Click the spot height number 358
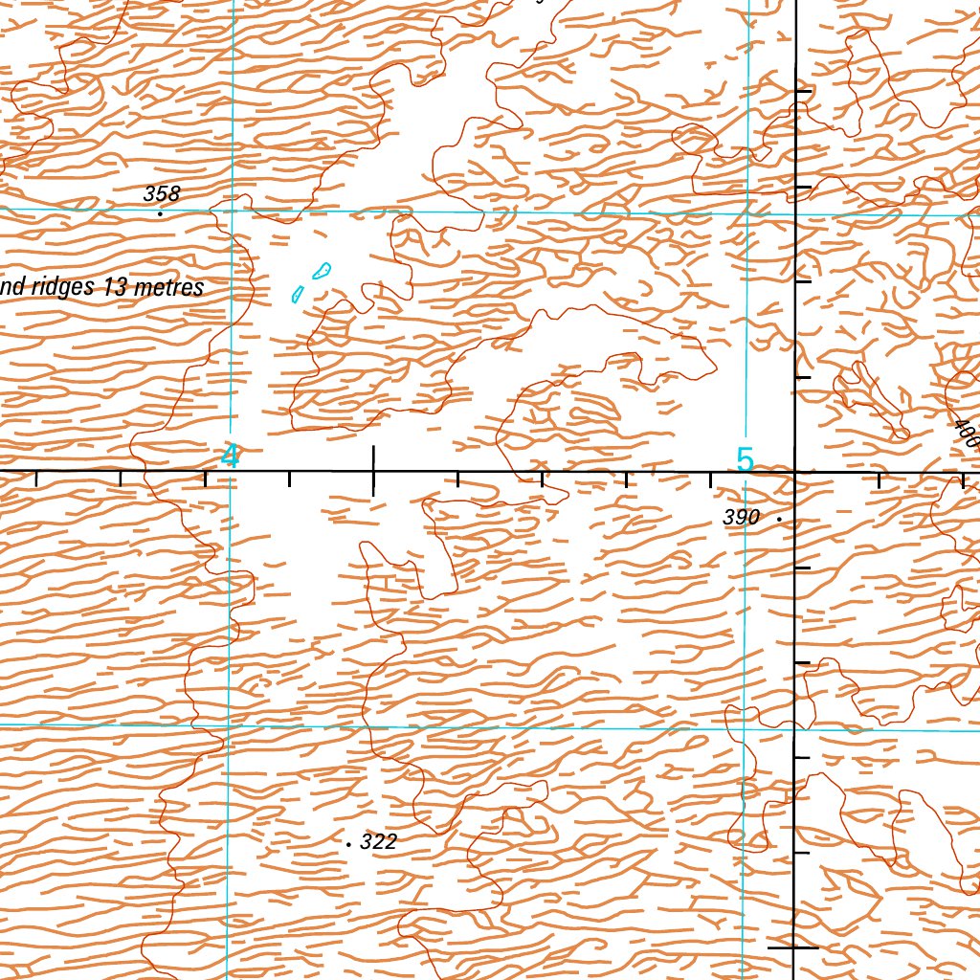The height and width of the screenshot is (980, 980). tap(162, 193)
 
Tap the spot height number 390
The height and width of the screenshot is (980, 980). tap(742, 518)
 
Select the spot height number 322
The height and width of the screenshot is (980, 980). tap(380, 842)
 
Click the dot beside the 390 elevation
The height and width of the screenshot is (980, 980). tap(780, 519)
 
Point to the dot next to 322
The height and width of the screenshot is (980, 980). tap(349, 845)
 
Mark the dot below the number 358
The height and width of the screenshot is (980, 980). tap(160, 213)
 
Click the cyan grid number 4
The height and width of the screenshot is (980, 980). tap(230, 456)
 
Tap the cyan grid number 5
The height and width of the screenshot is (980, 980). tap(745, 459)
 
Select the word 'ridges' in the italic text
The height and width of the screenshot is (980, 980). tap(62, 287)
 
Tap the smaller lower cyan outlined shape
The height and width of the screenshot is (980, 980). tap(298, 294)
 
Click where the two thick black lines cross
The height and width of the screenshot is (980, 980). tap(795, 472)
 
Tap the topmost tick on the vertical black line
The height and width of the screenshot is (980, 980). tap(802, 92)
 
